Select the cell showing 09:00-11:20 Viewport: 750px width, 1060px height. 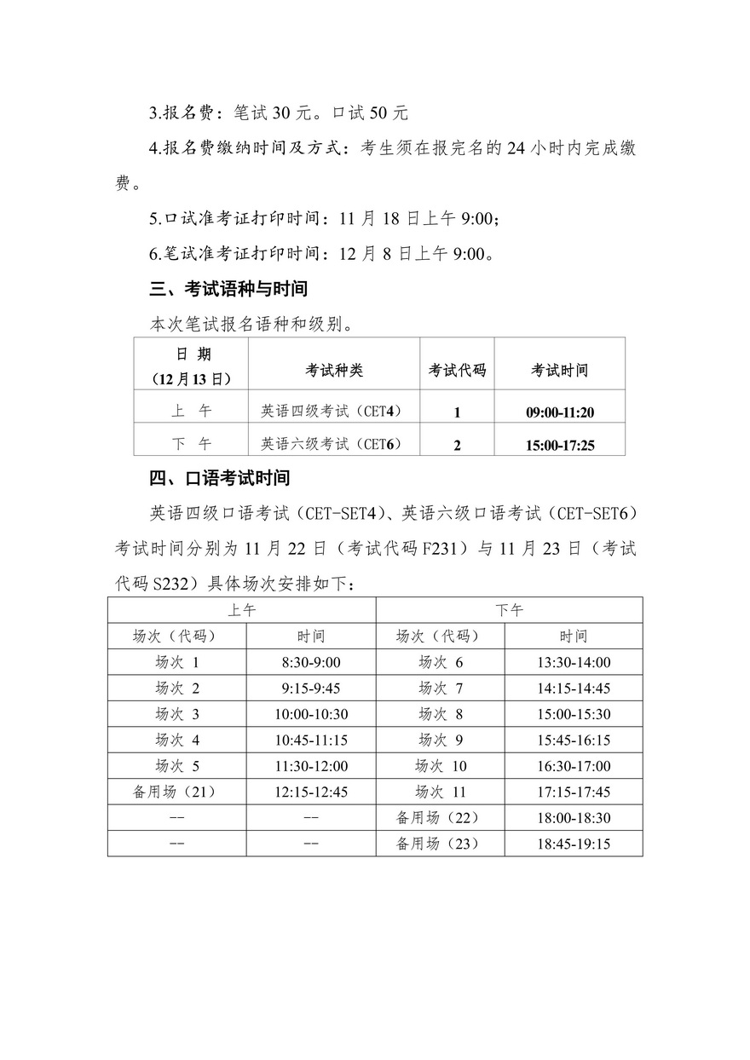tap(560, 412)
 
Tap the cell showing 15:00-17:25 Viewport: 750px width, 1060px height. tap(560, 445)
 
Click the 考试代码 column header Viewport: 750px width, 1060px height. tap(457, 371)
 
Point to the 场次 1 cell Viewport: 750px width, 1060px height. tap(176, 663)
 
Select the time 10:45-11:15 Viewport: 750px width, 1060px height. tap(311, 740)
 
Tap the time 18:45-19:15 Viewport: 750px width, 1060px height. tap(573, 844)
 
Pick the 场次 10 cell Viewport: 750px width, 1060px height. tap(441, 766)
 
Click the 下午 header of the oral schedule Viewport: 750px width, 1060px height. tap(510, 610)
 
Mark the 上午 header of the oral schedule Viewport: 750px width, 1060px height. tap(242, 610)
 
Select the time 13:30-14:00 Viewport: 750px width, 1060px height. tap(573, 663)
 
